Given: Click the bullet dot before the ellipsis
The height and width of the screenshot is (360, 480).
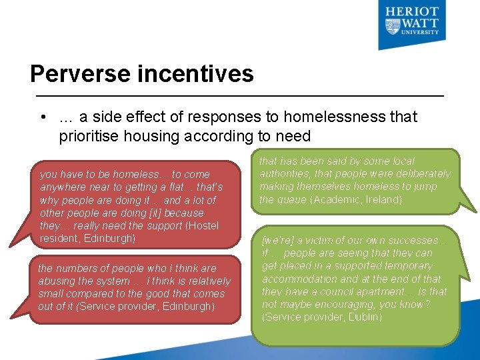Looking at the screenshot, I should (42, 117).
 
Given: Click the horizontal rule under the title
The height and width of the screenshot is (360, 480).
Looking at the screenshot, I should (237, 96).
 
